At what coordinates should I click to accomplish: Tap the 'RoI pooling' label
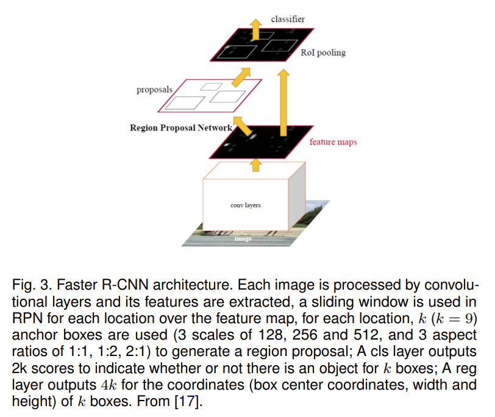click(x=322, y=52)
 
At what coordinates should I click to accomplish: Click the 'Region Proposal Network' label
click(x=181, y=128)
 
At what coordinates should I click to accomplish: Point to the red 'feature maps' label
click(x=333, y=142)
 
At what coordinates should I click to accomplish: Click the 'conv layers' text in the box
click(x=246, y=205)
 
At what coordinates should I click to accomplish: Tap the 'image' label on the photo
click(x=244, y=239)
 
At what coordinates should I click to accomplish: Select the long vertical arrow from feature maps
click(x=283, y=101)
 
